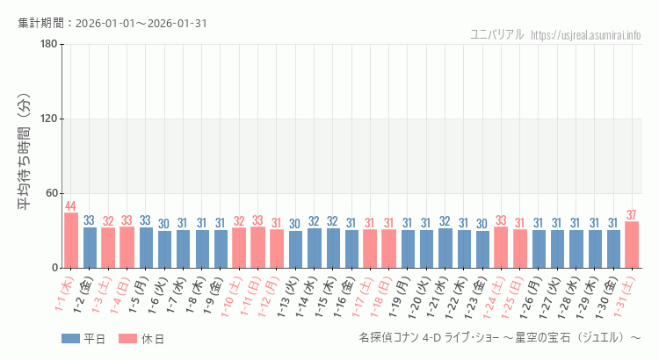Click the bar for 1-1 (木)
coord(71,241)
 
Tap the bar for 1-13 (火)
coord(295,249)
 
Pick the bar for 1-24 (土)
coord(501,248)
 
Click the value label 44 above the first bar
coord(71,206)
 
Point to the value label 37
coord(632,215)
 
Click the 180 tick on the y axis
coord(48,45)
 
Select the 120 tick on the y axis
coord(48,119)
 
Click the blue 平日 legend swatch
coord(70,339)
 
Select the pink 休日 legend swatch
coord(127,339)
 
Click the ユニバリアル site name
coord(497,34)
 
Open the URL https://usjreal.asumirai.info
coord(586,34)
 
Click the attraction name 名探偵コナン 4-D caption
coord(500,338)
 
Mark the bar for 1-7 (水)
coord(183,248)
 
